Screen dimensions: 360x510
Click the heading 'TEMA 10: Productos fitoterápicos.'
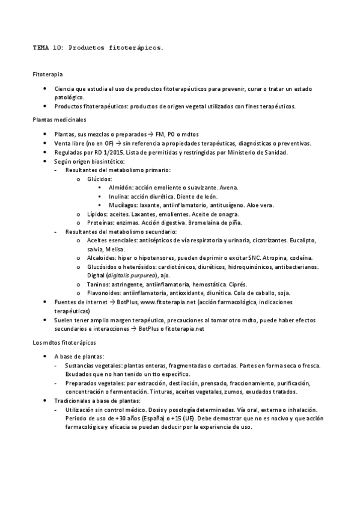[x=97, y=46]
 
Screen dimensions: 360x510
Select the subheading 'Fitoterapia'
[x=46, y=74]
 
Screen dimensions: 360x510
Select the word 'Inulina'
[x=118, y=196]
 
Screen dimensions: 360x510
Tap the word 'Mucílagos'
[x=121, y=205]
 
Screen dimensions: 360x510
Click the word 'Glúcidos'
[x=99, y=179]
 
